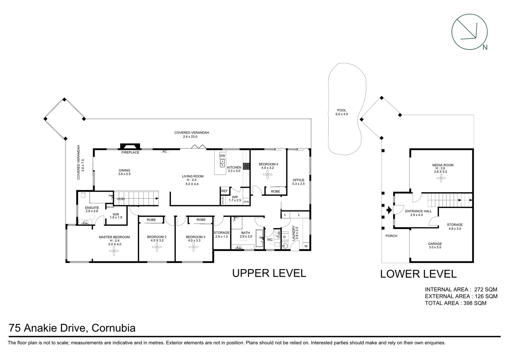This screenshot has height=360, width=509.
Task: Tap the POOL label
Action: click(x=341, y=110)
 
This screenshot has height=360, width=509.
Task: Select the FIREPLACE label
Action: click(x=130, y=152)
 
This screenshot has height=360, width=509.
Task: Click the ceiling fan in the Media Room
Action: click(x=442, y=179)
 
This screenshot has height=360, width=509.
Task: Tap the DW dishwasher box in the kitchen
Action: click(x=223, y=156)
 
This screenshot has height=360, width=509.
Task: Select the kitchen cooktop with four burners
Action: click(x=247, y=166)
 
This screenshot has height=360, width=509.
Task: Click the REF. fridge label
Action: click(x=225, y=191)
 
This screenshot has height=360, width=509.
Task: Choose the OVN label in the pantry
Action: click(x=246, y=202)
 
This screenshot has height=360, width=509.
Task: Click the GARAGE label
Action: click(x=435, y=244)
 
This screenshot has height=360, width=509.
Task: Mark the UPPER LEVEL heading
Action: click(x=269, y=273)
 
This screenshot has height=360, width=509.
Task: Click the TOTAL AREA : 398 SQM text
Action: click(x=455, y=303)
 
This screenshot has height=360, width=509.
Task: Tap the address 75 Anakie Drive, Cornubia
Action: click(x=72, y=328)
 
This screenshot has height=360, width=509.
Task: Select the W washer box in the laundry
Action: click(x=305, y=246)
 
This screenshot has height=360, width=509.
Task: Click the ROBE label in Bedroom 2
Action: click(x=151, y=220)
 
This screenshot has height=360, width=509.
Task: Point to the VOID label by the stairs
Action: click(x=121, y=199)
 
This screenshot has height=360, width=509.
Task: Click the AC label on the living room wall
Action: click(x=165, y=151)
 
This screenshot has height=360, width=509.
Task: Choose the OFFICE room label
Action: click(x=298, y=180)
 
